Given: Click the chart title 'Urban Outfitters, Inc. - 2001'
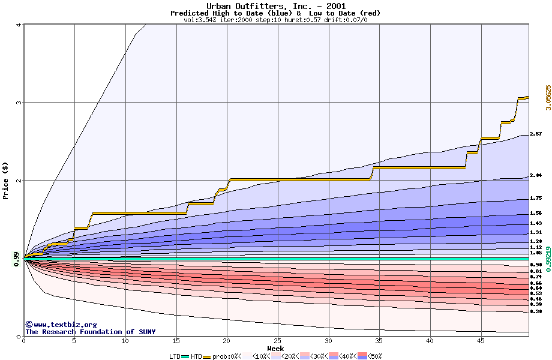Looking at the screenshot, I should click(x=275, y=6).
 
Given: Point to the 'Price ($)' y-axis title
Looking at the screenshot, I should click(x=6, y=180).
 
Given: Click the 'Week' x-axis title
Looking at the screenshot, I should click(x=275, y=349).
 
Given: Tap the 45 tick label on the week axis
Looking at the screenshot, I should click(x=481, y=341).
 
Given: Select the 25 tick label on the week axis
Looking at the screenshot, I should click(x=278, y=341).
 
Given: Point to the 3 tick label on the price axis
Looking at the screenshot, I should click(x=19, y=103).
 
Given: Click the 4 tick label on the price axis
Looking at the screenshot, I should click(x=19, y=25).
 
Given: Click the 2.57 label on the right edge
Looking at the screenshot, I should click(x=536, y=134).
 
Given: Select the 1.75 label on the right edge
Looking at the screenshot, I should click(x=536, y=198).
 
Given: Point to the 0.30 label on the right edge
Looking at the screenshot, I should click(x=536, y=312).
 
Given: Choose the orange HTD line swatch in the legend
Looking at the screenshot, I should click(x=208, y=356).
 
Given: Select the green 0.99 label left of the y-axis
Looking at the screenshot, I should click(x=17, y=258).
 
